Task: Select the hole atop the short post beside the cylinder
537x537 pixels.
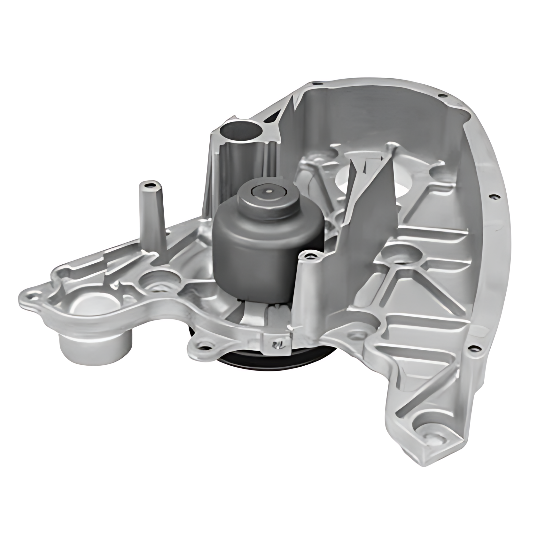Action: (x=309, y=256)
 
